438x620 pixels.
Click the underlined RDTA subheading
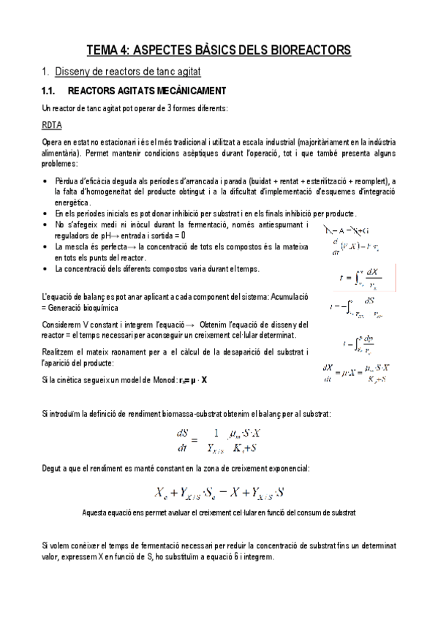(52, 125)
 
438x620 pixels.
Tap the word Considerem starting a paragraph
(61, 324)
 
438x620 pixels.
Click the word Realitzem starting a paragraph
(60, 352)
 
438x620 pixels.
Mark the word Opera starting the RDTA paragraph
(53, 141)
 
